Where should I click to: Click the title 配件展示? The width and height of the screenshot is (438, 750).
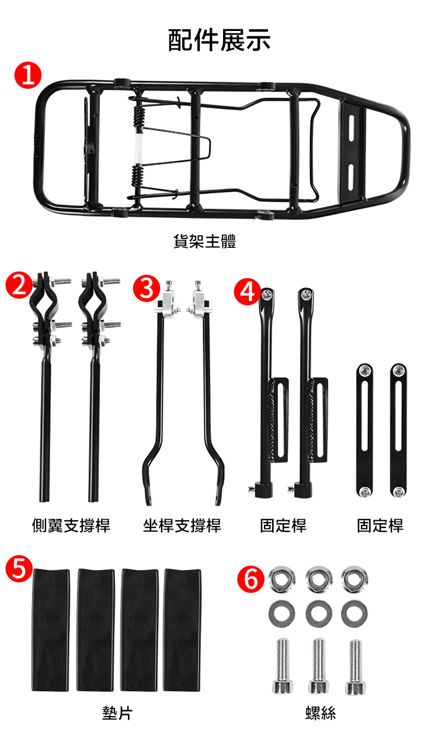219,40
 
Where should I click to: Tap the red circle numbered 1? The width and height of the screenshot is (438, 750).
28,75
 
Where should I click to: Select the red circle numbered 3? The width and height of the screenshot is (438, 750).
146,288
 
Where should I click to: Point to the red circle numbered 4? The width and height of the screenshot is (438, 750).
247,291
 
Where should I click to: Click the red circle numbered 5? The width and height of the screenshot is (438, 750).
19,568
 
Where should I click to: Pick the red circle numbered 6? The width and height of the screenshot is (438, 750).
251,579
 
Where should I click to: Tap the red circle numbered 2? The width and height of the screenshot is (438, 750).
19,285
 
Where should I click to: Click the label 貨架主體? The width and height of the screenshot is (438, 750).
205,241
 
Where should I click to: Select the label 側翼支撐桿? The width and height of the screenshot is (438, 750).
71,526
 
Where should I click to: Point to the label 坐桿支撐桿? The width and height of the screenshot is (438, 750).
182,526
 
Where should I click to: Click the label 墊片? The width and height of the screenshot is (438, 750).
118,713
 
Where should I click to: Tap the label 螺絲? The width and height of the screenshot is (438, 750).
321,713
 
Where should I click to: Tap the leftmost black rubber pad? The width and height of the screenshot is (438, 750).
51,630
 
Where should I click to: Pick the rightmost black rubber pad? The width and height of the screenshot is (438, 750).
182,630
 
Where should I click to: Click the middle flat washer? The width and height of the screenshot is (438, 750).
319,613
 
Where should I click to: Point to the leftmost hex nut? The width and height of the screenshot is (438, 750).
282,579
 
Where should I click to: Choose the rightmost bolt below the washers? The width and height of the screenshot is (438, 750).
355,666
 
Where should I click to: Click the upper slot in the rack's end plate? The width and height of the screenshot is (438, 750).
352,128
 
